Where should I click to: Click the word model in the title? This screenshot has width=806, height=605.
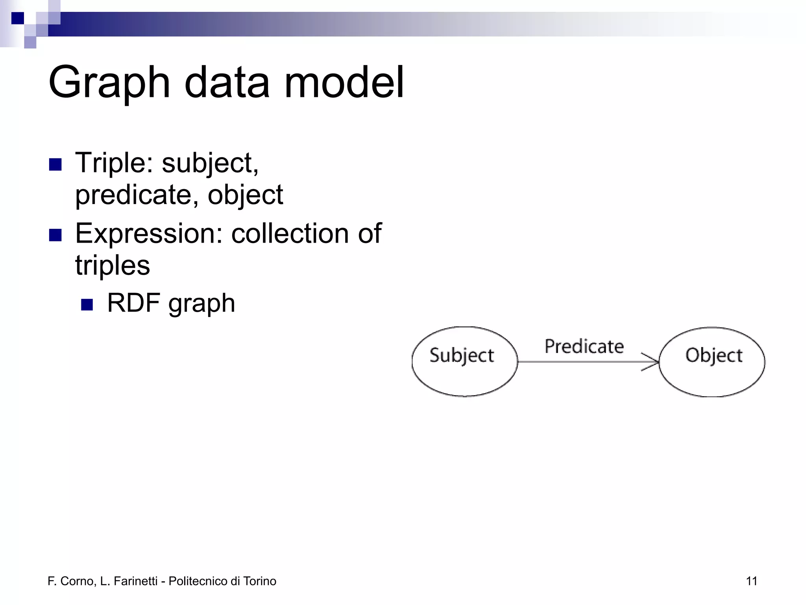click(344, 83)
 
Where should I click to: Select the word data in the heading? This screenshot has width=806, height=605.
click(227, 83)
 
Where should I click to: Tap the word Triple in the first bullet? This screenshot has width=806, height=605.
click(114, 163)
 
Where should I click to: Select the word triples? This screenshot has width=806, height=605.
click(113, 265)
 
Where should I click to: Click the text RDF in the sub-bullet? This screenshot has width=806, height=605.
click(133, 303)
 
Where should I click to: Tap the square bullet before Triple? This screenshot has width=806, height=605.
click(55, 165)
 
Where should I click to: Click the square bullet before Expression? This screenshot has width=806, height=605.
click(55, 235)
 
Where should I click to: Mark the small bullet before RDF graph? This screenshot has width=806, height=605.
click(87, 305)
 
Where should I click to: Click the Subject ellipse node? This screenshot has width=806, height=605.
click(464, 361)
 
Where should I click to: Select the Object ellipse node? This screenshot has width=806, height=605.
click(712, 361)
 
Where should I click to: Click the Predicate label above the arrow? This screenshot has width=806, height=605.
click(584, 347)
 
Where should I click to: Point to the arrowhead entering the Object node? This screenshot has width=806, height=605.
click(653, 362)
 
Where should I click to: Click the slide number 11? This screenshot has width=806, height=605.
click(751, 581)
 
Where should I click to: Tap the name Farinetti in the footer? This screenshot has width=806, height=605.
click(135, 581)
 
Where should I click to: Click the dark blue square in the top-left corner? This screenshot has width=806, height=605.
click(18, 18)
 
